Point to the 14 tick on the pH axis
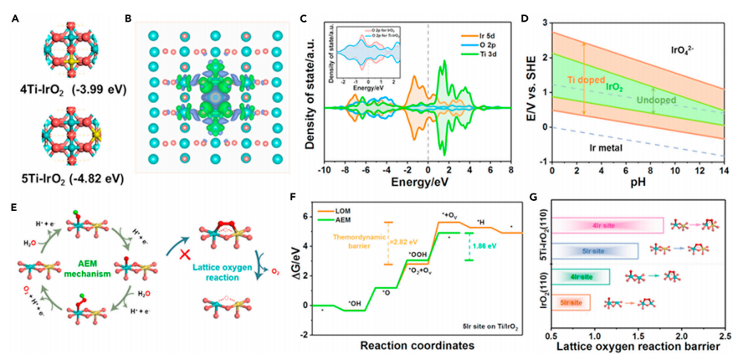[722, 173]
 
